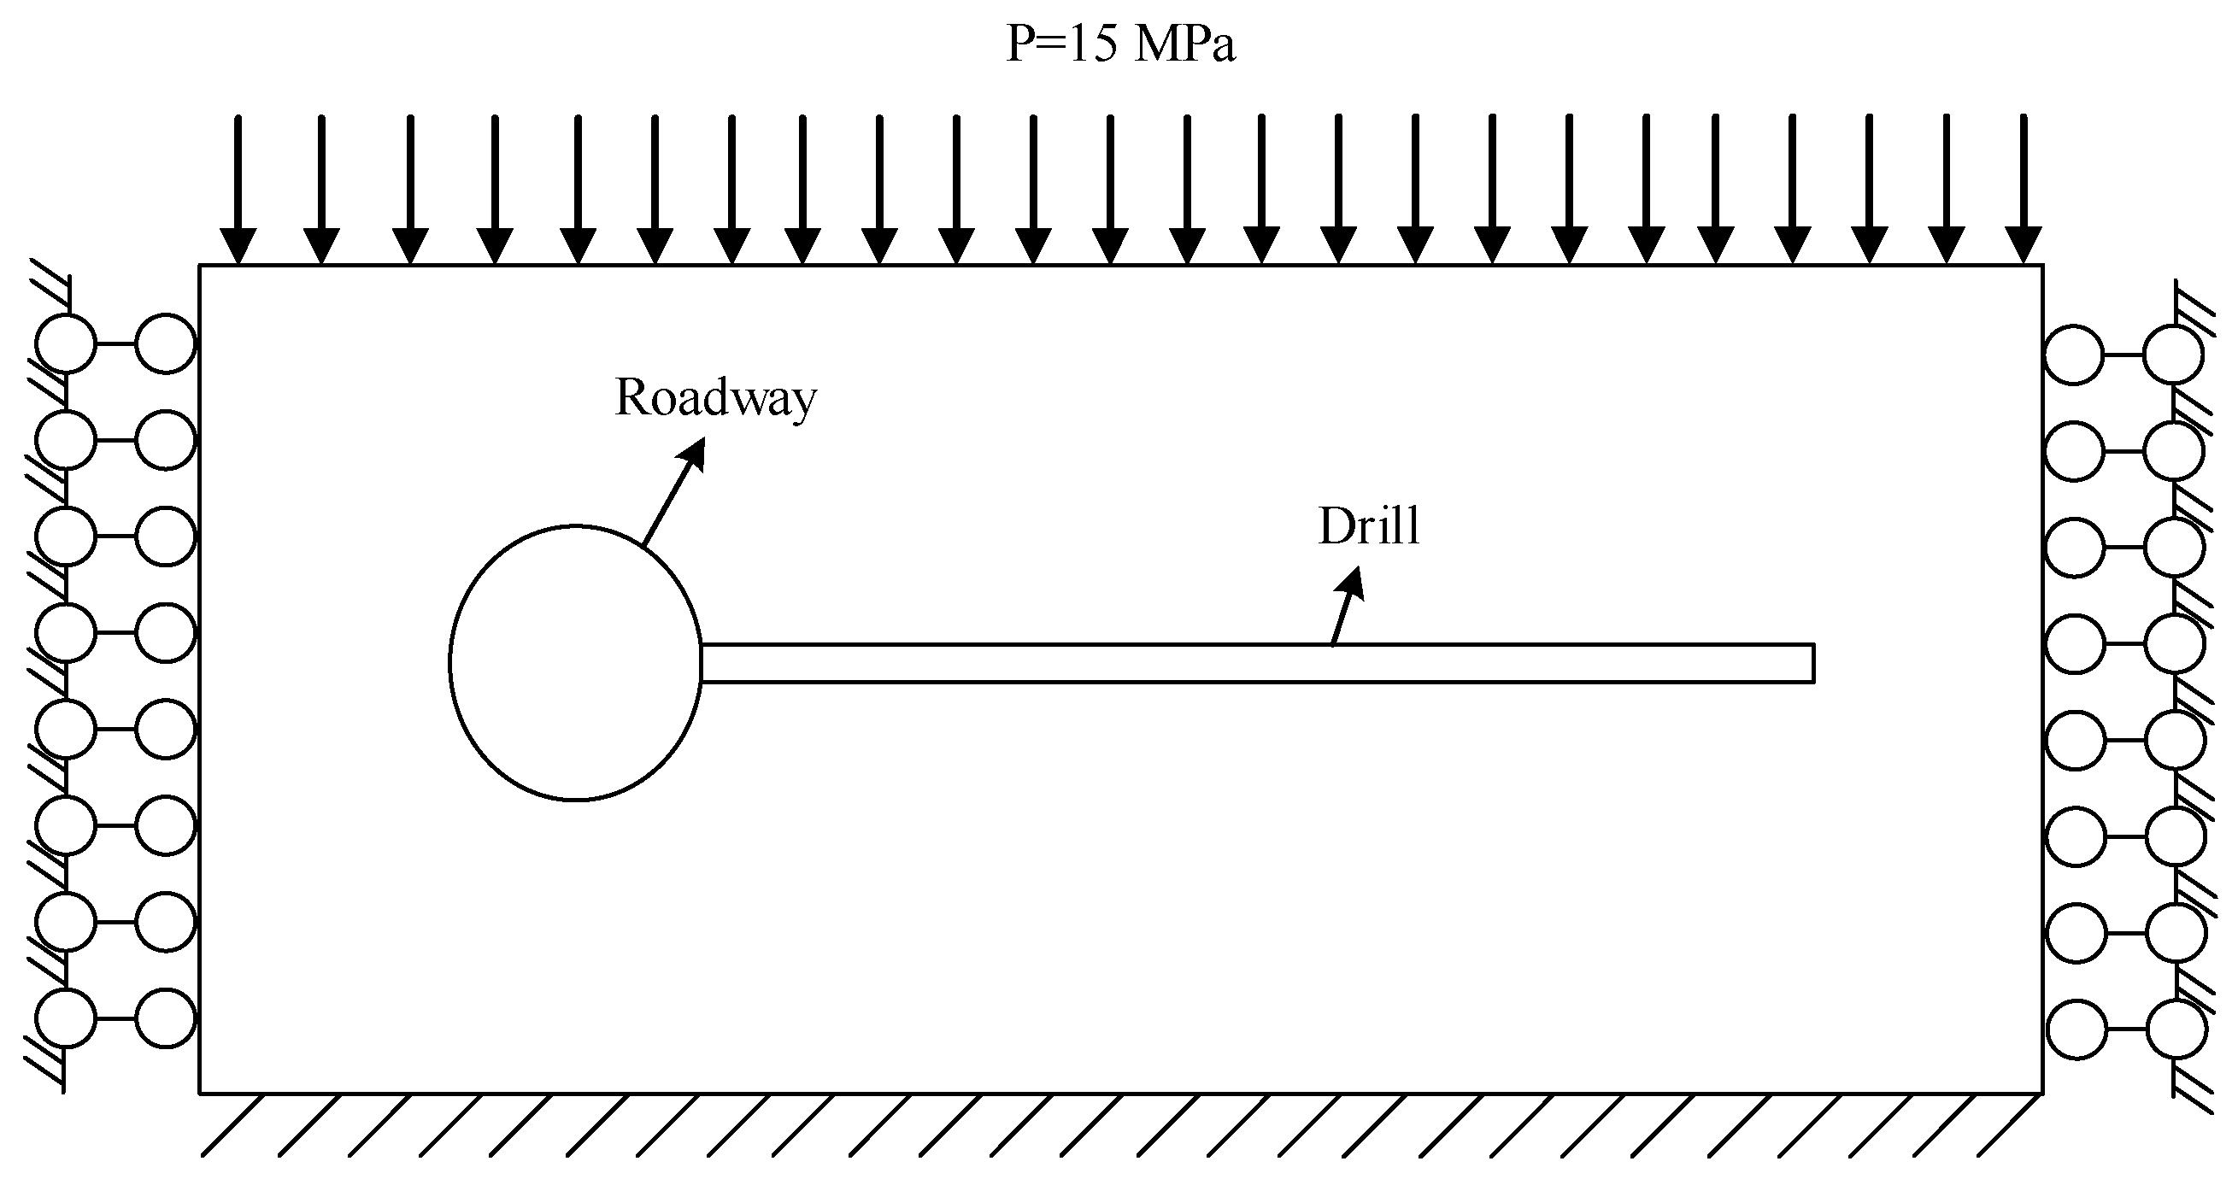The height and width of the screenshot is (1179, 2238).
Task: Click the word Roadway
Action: tap(715, 399)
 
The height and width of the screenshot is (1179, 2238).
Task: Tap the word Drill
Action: tap(1369, 526)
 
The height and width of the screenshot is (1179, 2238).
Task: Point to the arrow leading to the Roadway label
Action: tap(673, 492)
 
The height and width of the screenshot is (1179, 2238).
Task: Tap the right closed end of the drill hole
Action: tap(1813, 664)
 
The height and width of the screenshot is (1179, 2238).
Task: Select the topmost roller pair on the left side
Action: tap(115, 344)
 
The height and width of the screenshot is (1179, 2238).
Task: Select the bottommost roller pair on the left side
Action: tap(115, 1018)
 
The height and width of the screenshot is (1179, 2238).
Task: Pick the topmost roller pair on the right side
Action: tap(2124, 355)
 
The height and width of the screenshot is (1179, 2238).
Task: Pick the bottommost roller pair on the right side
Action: tap(2126, 1029)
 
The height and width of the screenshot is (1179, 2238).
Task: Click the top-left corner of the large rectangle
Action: tap(200, 265)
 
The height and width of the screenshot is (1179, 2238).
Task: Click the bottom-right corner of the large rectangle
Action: tap(2041, 1093)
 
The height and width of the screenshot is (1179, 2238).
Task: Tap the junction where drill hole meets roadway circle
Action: tap(701, 664)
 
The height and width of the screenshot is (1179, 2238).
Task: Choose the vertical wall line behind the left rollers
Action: tap(65, 677)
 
